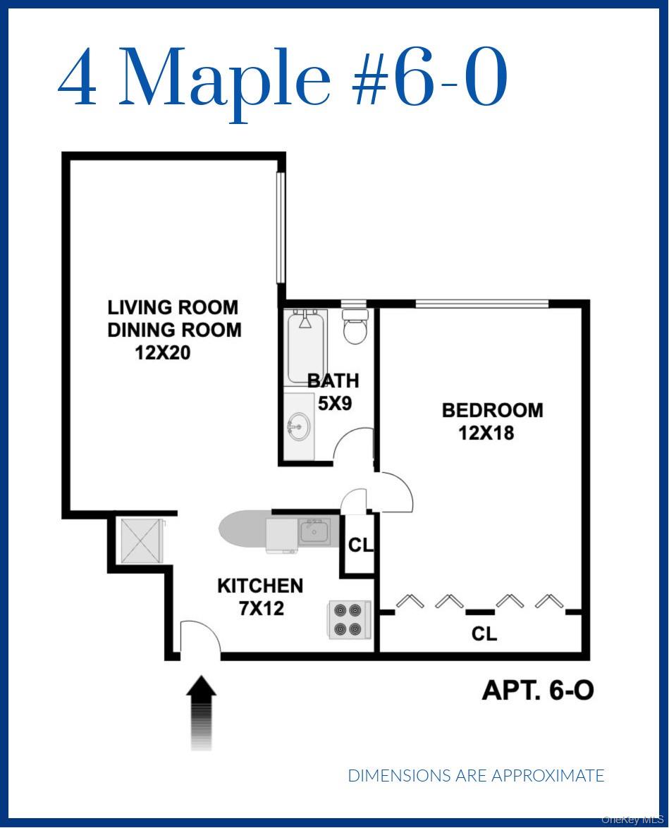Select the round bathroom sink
298,428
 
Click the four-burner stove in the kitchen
350,619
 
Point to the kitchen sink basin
314,531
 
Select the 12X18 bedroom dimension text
486,433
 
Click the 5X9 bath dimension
334,404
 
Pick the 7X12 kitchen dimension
262,608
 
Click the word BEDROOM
492,410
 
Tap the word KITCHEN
260,586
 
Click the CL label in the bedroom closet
484,634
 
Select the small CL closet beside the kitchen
360,545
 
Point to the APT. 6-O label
538,690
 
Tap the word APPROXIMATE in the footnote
548,776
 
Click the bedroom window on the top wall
481,304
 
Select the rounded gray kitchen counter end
236,529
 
